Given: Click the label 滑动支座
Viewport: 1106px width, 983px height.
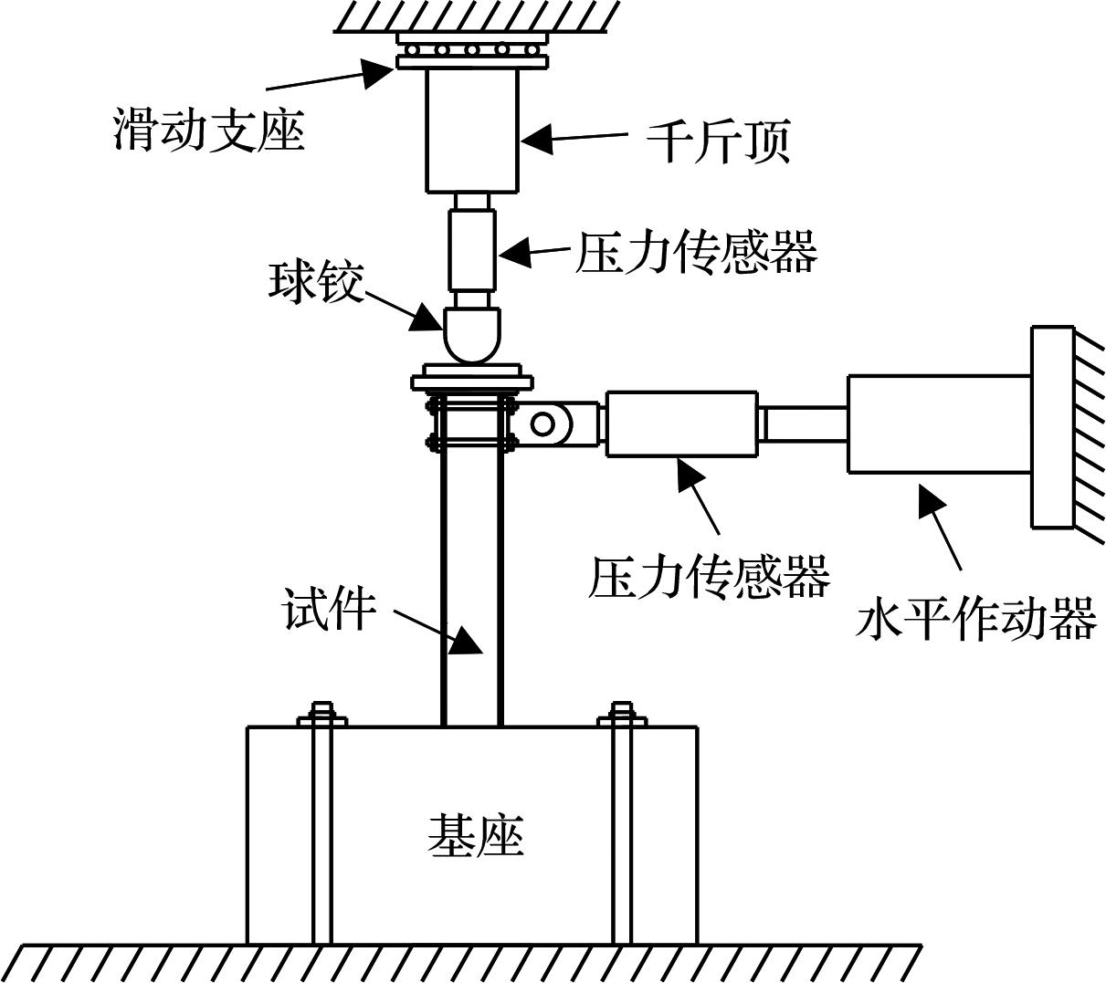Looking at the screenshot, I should click(208, 130).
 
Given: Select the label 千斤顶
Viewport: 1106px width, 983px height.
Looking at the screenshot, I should click(718, 141).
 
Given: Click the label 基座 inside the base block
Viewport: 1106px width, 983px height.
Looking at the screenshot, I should click(475, 835).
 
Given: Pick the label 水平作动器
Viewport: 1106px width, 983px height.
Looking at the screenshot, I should click(974, 621).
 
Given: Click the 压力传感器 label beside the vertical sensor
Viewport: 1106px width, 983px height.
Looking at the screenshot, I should click(696, 253).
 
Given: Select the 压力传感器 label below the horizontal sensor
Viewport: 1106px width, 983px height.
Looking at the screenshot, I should click(708, 575).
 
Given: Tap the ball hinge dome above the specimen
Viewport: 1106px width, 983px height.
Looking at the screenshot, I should click(472, 334).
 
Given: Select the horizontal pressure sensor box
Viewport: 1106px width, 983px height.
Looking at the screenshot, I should click(681, 424).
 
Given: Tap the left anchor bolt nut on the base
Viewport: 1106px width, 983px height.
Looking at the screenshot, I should click(321, 716).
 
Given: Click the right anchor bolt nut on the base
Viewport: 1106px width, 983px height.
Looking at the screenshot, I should click(622, 716).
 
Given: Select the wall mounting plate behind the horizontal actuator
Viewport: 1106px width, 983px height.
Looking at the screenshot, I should click(1052, 426).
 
